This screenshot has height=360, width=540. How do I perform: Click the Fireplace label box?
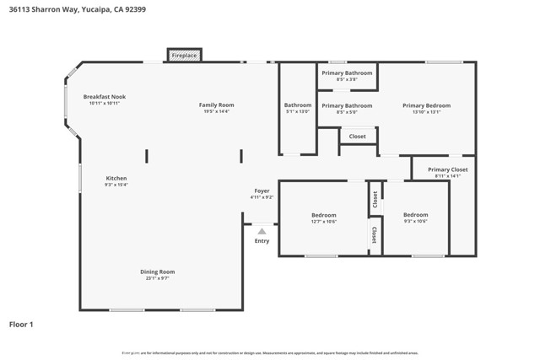coord(184,56)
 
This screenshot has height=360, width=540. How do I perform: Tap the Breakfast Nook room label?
coord(105,98)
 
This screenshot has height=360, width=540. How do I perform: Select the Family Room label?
coord(215,105)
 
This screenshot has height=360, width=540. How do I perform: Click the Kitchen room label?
coord(116,178)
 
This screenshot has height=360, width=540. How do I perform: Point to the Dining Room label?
coord(157,271)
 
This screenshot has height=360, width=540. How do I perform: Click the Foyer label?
coord(262,191)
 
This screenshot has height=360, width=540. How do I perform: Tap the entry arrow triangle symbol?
coord(262,231)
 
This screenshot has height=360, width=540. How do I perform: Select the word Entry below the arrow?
coord(262,241)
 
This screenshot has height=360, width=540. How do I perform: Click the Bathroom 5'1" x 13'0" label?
coord(297,105)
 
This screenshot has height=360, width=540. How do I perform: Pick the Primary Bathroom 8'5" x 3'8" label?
coord(346,73)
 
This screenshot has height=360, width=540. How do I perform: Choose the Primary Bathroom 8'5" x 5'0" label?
coord(346,105)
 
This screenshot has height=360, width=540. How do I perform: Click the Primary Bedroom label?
coord(426,105)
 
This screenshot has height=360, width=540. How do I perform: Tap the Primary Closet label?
coord(447,169)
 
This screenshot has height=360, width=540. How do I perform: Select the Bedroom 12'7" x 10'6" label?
coord(324,215)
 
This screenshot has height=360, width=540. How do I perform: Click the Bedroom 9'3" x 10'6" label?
coord(415,215)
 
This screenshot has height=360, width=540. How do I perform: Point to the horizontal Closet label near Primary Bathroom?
coord(357,136)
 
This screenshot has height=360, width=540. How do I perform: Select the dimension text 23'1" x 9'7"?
coord(157,278)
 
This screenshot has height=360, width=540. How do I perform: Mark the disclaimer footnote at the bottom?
coord(270,352)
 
